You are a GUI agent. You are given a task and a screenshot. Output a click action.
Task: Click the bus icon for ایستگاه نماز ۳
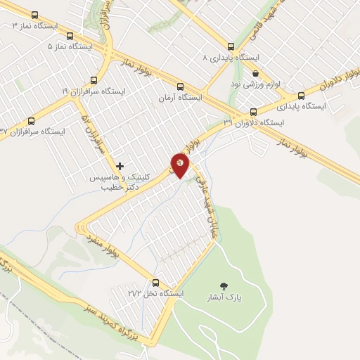(x=34, y=15)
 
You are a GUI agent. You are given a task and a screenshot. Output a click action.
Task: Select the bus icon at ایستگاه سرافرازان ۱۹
(x=94, y=80)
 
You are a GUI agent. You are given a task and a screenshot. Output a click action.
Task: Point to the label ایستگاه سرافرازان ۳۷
(x=32, y=131)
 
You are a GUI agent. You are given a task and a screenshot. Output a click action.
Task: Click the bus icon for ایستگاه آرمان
(x=181, y=86)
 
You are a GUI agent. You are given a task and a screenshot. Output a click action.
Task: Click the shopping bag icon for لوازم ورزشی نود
(x=255, y=73)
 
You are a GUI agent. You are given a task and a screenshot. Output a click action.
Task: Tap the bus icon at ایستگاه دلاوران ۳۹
(x=253, y=112)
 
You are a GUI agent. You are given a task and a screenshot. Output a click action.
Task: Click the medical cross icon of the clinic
(x=120, y=166)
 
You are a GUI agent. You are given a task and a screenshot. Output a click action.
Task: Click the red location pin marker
(x=181, y=165)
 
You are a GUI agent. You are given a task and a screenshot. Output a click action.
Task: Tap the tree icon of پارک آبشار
(x=224, y=285)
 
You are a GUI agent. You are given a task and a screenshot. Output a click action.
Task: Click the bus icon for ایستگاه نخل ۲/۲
(x=155, y=283)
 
